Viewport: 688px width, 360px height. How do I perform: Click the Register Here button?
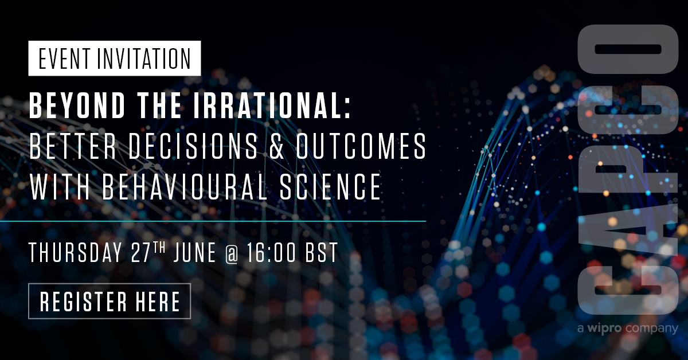coord(109,301)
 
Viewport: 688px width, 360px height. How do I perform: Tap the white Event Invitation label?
coord(115,58)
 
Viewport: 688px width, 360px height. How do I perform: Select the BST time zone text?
coord(323,253)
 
